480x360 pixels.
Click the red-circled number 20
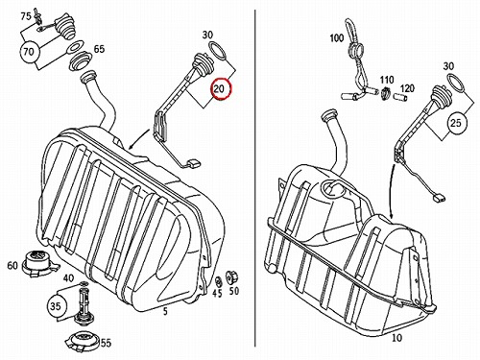(220, 88)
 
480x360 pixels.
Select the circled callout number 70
(30, 52)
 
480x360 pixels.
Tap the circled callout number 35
(56, 306)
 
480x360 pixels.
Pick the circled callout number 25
(456, 123)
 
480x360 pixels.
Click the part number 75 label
(26, 16)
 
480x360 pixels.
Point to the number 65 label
(99, 49)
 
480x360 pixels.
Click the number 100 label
(337, 38)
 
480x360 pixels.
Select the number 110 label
(387, 80)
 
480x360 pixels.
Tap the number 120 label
(407, 88)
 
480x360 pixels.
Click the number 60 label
(12, 265)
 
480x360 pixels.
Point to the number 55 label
(106, 344)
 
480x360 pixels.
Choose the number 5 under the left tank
(165, 311)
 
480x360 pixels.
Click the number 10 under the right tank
(396, 338)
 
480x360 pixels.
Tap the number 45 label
(217, 293)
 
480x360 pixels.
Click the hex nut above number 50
(230, 276)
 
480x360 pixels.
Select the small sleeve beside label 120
(400, 97)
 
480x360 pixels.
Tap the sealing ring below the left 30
(218, 51)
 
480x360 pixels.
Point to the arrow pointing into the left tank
(139, 139)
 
